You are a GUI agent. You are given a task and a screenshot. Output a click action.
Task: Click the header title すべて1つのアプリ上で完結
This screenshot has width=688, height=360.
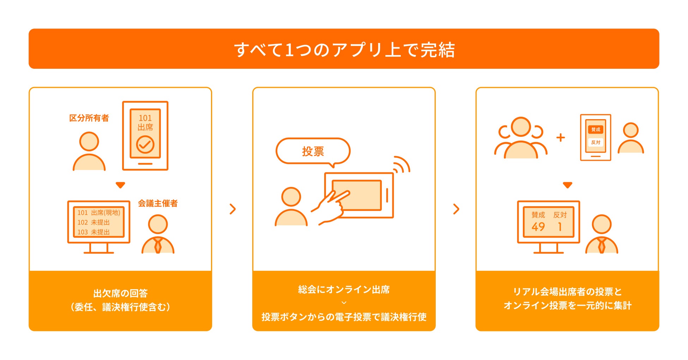344,49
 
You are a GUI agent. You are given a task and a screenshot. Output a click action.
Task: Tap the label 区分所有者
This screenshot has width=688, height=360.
89,118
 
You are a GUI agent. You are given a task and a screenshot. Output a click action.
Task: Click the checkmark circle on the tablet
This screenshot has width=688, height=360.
145,144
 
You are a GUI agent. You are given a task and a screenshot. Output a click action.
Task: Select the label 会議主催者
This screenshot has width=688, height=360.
158,203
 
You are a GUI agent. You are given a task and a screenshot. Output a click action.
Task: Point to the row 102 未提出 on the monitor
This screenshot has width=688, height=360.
93,222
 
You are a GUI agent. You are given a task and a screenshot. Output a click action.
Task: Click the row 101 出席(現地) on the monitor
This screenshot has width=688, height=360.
99,213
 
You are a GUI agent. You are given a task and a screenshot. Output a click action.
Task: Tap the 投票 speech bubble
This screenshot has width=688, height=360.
313,151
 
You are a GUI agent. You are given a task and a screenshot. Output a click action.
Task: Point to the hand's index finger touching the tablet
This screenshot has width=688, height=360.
342,195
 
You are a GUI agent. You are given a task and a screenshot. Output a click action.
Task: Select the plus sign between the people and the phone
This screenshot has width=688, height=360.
560,138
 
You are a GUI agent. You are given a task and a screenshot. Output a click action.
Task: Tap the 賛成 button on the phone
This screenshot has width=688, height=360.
596,129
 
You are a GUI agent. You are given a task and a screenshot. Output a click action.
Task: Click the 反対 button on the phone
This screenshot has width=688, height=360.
596,142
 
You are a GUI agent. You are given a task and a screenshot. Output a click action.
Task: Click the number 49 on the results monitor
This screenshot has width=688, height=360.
538,227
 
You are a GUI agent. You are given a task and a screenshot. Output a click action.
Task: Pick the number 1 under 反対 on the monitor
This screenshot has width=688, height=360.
560,227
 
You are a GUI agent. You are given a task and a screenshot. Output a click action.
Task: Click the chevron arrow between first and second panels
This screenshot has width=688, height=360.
233,209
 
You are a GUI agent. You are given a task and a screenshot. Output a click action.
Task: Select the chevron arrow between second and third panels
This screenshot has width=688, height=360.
456,209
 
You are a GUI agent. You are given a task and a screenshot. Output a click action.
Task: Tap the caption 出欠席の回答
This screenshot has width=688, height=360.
120,293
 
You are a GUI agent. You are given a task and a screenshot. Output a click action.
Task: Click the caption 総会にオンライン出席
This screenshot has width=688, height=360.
344,289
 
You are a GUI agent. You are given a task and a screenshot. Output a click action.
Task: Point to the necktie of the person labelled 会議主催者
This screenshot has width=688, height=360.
158,245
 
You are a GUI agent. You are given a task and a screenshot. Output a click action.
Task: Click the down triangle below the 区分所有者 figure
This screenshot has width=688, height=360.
120,185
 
